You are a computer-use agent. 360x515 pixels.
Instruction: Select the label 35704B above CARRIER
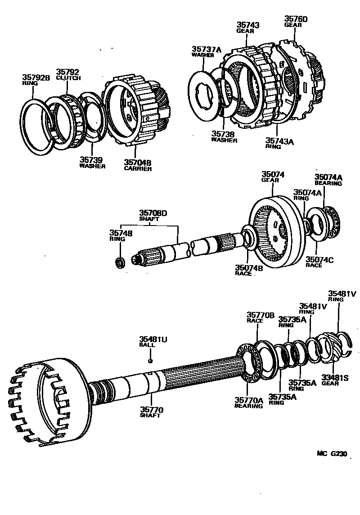coord(138,163)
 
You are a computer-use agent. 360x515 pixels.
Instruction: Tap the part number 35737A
coord(207,49)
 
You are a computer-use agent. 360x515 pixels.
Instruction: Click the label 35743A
coord(279,141)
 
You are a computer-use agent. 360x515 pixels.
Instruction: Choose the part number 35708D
coord(153,213)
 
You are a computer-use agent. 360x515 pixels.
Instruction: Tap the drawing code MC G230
coord(332,454)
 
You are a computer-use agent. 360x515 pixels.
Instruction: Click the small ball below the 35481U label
coord(150,361)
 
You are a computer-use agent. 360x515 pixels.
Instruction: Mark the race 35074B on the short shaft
coord(248,238)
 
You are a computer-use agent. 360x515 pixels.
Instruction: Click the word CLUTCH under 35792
coord(68,78)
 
